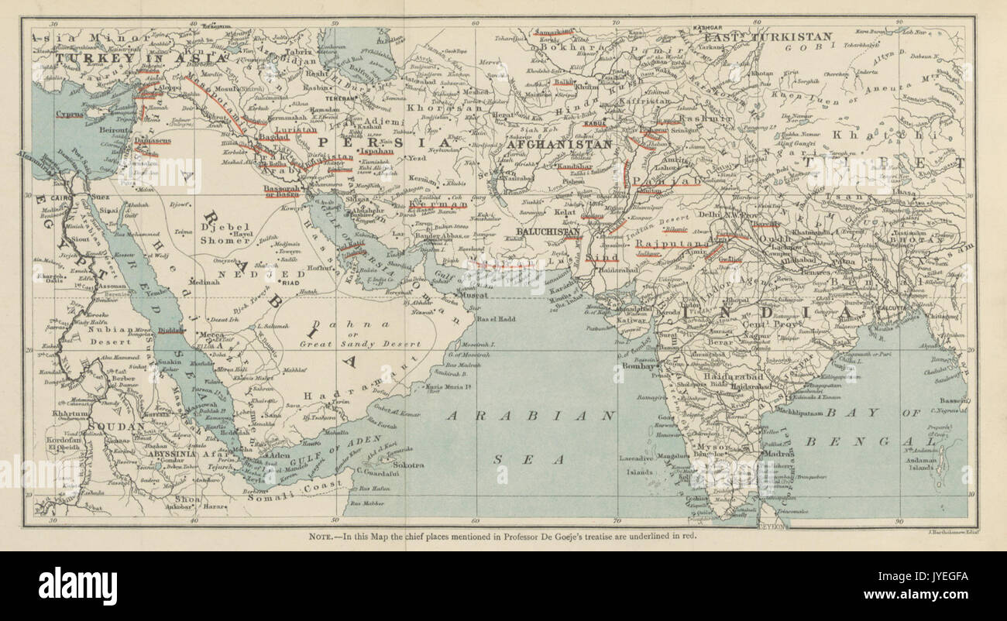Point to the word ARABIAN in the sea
531,416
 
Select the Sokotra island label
407,465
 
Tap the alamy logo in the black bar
77,585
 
